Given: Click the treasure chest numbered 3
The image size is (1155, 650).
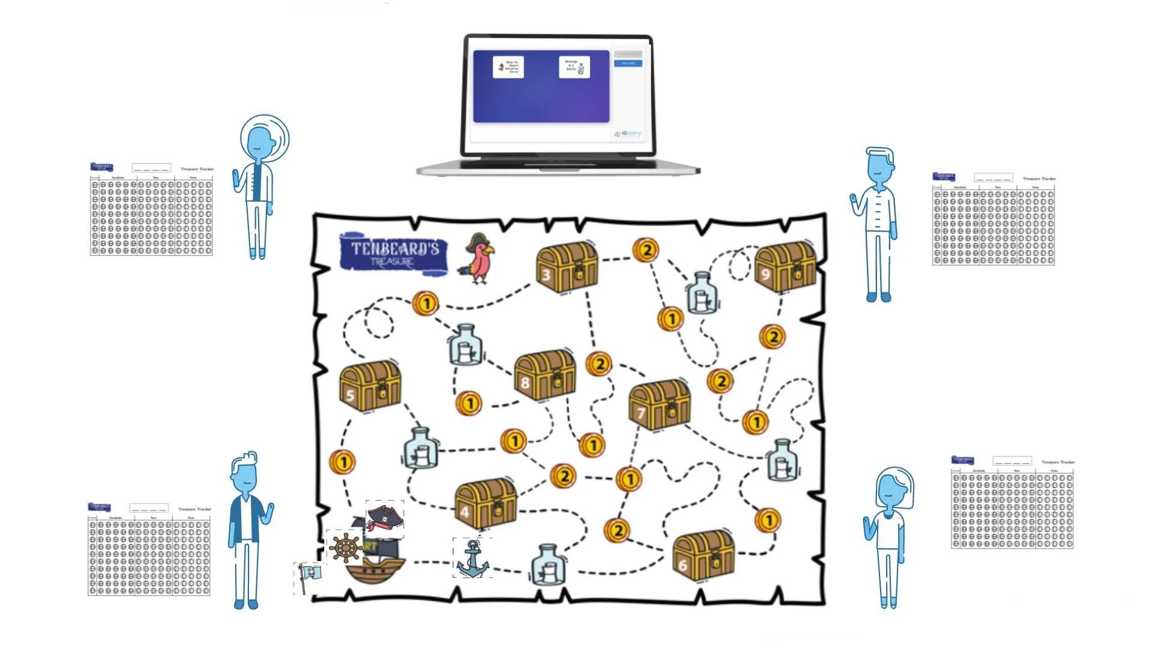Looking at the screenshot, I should [567, 268].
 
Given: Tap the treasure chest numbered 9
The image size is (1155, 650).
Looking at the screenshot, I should [785, 267].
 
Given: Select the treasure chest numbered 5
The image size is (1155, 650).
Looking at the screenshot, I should [370, 385].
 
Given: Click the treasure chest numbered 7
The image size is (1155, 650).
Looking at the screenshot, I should [659, 404].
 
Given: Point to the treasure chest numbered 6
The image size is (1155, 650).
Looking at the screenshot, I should [703, 555].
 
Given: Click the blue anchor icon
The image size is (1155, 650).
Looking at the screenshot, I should [473, 559].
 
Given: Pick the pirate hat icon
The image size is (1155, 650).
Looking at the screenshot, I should [385, 519].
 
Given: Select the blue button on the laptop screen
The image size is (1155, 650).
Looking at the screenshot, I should [627, 63].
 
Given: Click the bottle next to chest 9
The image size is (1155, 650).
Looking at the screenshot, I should [701, 294].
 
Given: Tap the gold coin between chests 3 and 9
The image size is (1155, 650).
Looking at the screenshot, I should [646, 250].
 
